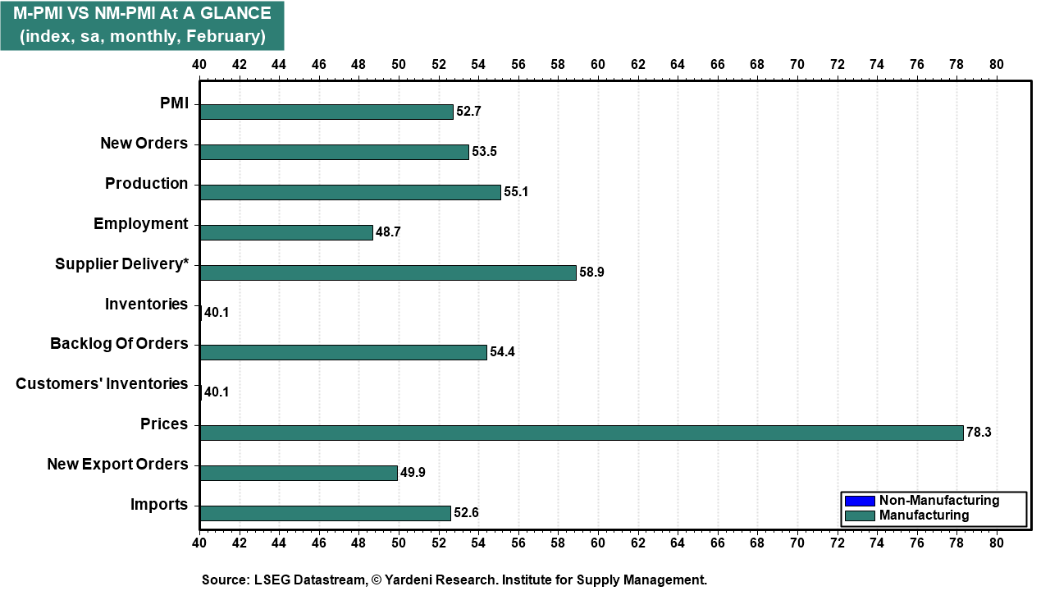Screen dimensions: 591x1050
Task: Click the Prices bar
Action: pos(581,433)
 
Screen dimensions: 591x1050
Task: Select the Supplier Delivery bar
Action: pos(387,273)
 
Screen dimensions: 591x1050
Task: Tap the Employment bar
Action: pos(285,232)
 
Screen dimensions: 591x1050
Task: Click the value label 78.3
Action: pos(979,433)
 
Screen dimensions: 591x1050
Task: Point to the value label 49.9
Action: pos(413,473)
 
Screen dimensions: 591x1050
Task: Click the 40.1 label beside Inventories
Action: pos(217,313)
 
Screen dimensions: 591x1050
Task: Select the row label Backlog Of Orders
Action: pos(119,343)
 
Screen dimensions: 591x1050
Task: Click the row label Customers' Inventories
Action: pos(102,383)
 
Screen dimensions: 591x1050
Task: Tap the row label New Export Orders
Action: pos(117,464)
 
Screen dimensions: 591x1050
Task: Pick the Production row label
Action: pos(146,183)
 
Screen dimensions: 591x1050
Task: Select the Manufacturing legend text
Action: pos(924,515)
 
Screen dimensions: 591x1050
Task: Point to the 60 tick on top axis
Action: pos(597,64)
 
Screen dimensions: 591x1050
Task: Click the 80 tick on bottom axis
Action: pos(996,543)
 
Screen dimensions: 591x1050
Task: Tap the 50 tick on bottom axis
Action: pos(399,543)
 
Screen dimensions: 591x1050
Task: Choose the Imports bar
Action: pos(325,513)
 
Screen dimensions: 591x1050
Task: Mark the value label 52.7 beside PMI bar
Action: pos(468,112)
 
